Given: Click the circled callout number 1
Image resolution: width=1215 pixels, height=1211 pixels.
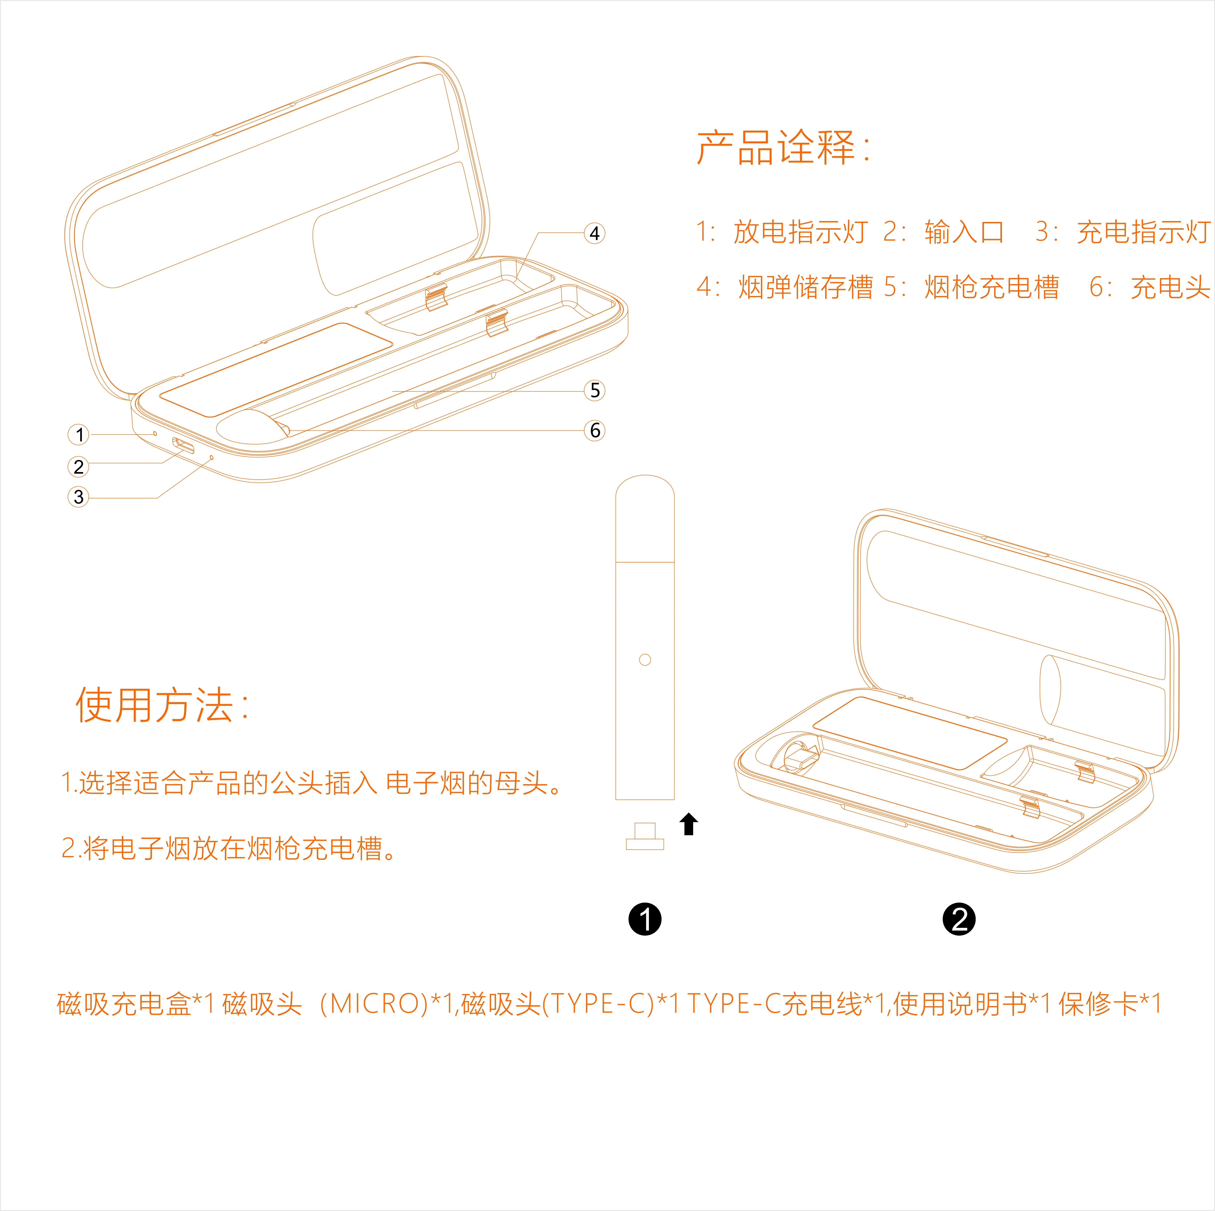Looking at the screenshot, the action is click(x=79, y=435).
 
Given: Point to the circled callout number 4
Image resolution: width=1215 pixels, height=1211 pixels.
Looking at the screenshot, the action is click(x=594, y=233).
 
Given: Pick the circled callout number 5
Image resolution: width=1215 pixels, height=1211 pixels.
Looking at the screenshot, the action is click(x=594, y=390).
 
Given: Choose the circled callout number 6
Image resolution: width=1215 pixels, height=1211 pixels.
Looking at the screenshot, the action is click(x=594, y=431).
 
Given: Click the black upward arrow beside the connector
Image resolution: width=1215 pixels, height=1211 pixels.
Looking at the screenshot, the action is click(x=689, y=824).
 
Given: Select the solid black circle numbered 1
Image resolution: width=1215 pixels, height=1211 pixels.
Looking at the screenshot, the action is click(x=645, y=919).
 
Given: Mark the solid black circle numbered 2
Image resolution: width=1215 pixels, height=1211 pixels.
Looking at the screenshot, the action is click(x=959, y=919).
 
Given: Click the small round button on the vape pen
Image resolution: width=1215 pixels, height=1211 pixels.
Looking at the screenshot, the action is click(x=645, y=660).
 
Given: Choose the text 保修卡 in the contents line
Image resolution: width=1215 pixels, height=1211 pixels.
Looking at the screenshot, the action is click(x=1099, y=1004).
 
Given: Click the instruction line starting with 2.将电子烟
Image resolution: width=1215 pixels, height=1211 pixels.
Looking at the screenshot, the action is click(x=229, y=848).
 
